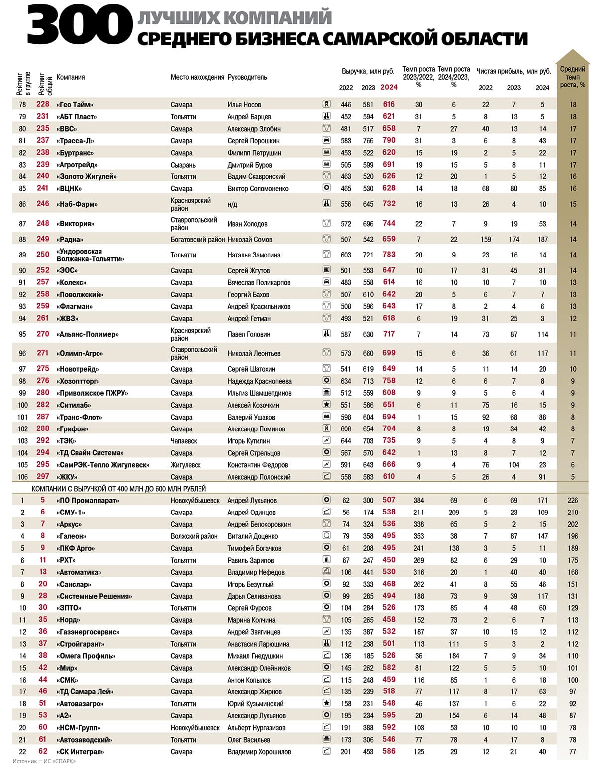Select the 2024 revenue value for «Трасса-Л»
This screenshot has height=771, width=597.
coord(389,141)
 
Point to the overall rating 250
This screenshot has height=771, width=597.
coord(43,255)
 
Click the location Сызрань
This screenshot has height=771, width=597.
coord(183,165)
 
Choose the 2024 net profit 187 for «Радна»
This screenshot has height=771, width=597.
coord(542,239)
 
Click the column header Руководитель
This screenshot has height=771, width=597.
coord(247,77)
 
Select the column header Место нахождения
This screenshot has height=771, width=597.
coord(197,77)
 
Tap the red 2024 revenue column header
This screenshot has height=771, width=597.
coord(389,87)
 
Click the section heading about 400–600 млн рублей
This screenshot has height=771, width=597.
coord(119,489)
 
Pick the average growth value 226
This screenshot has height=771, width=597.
coord(573,500)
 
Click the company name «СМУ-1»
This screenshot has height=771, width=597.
coord(71,512)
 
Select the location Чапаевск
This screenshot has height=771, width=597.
coord(184,441)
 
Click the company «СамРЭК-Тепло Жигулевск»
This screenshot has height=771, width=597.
coord(103,465)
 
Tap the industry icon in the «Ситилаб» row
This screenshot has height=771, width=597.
coord(327,405)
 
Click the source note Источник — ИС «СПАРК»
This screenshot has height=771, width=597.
coord(44,761)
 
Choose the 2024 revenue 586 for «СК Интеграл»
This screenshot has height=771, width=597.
coord(389,752)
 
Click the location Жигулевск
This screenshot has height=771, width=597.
coord(186,465)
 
